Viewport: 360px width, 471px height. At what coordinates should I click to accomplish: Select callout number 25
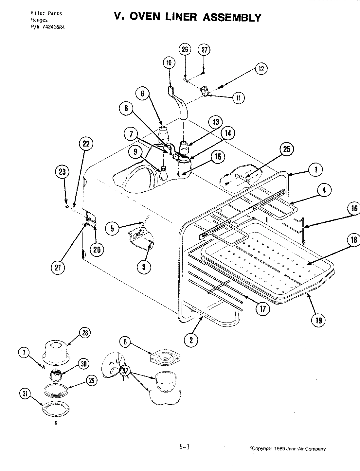(287, 149)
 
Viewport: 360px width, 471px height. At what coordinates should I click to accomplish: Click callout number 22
(86, 144)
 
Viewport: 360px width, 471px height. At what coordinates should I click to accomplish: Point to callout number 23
(63, 172)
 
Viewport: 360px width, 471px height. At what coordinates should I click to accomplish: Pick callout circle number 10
(169, 63)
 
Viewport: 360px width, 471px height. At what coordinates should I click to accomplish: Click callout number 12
(261, 69)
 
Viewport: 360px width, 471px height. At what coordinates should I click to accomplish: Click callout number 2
(191, 340)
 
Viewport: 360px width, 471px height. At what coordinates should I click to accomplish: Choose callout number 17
(263, 308)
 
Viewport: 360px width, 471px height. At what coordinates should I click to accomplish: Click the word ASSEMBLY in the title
(232, 17)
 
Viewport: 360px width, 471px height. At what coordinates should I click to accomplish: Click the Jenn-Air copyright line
(287, 449)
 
